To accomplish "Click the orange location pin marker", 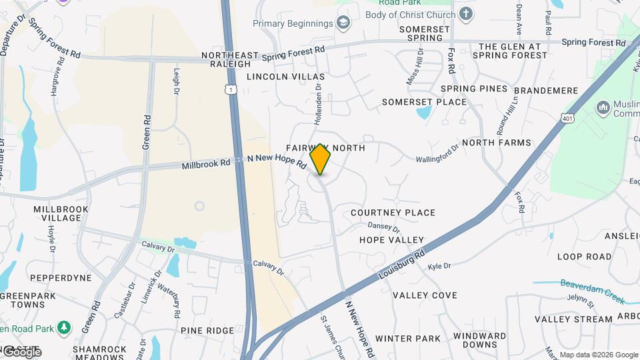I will point(320,159).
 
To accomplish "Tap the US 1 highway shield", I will point(230,89).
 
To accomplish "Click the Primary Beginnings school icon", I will point(343,24).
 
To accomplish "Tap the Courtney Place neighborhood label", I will point(393,213).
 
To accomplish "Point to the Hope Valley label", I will point(391,239).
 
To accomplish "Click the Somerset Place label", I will point(424,102).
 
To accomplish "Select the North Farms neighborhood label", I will point(497,143).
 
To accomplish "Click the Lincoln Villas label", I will point(285,77).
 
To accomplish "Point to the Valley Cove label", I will point(425,295).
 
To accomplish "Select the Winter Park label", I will point(407,339).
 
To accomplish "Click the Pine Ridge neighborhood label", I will point(207,330).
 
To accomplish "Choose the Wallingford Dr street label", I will point(437,155).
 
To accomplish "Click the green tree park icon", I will point(64,327).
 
